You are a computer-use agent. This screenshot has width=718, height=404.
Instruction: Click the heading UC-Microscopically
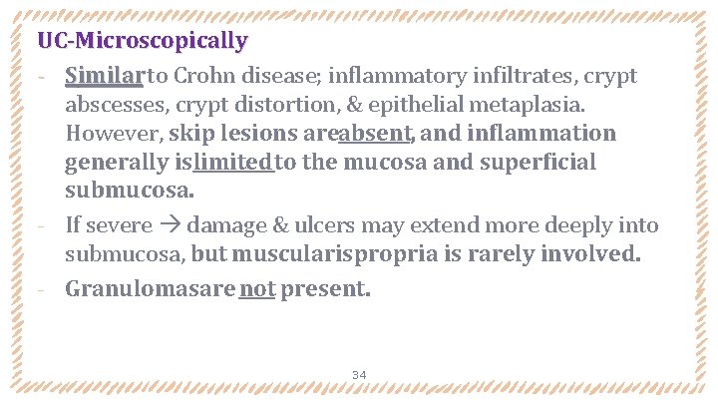point(142,42)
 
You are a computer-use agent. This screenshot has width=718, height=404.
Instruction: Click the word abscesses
point(113,105)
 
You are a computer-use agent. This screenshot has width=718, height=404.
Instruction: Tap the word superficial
point(538,163)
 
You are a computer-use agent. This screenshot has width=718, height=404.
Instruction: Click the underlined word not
point(257,289)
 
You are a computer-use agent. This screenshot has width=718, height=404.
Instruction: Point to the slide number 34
point(359,375)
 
